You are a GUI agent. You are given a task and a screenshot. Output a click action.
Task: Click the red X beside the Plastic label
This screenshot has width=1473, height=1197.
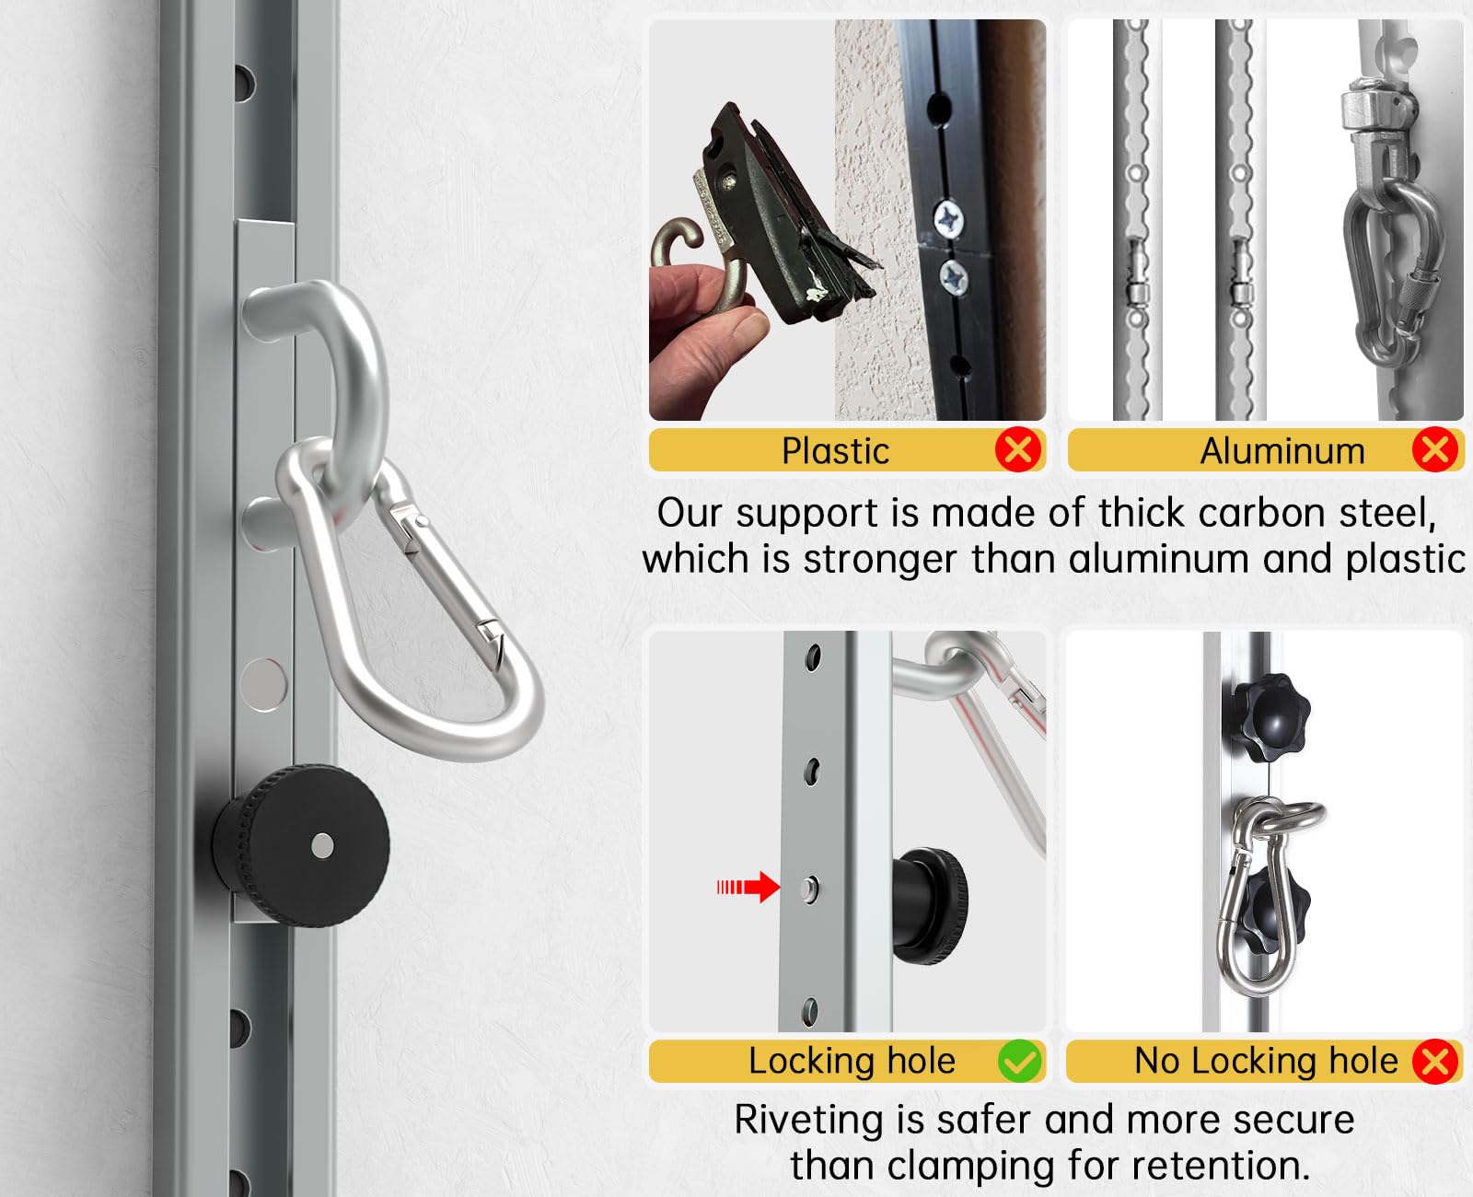[x=1018, y=449]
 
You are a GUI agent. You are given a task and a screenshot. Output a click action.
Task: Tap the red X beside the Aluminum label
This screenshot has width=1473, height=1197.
[x=1435, y=449]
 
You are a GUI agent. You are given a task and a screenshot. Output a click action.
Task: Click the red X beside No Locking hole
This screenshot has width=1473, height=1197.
[x=1435, y=1061]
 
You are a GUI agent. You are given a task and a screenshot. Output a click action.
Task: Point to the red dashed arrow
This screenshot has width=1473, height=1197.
[x=748, y=887]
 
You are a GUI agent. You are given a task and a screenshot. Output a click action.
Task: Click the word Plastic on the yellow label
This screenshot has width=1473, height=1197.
[x=835, y=451]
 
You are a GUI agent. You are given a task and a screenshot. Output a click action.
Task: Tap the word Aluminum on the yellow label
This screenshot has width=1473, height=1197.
[x=1282, y=451]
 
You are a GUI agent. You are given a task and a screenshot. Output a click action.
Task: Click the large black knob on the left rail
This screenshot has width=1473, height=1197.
[x=302, y=845]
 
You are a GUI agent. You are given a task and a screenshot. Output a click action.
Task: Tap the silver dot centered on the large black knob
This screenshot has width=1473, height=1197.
[x=322, y=845]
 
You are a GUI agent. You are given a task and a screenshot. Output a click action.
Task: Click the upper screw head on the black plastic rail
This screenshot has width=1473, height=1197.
[x=948, y=220]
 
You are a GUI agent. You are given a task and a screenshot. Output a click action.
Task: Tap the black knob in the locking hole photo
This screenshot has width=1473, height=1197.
[x=930, y=906]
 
